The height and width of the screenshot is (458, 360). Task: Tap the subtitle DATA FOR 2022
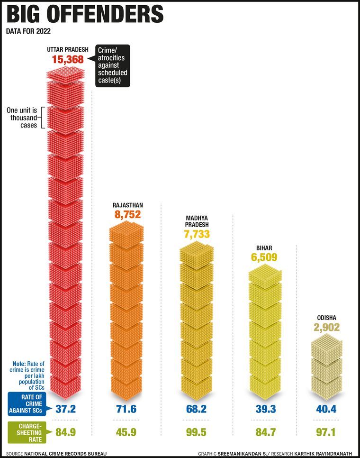coord(28,32)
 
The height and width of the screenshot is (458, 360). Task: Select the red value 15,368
coord(68,59)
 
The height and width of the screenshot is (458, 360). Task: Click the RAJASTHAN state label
coord(128,205)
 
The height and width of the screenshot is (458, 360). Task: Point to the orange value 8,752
coord(128,214)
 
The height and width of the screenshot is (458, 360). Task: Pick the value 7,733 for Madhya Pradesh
coord(197,234)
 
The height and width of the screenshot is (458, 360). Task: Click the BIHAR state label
coord(264,247)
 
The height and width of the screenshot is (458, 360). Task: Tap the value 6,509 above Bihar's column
coord(264,257)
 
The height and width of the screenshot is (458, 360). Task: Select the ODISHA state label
coord(326,318)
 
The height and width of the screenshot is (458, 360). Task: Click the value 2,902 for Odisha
coord(326,328)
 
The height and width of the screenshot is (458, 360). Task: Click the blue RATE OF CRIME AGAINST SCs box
coord(27,403)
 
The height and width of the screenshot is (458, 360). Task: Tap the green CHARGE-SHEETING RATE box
coord(27,431)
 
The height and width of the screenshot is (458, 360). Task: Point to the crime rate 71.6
coord(126,408)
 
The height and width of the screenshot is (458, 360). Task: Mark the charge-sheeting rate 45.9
coord(126,432)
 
